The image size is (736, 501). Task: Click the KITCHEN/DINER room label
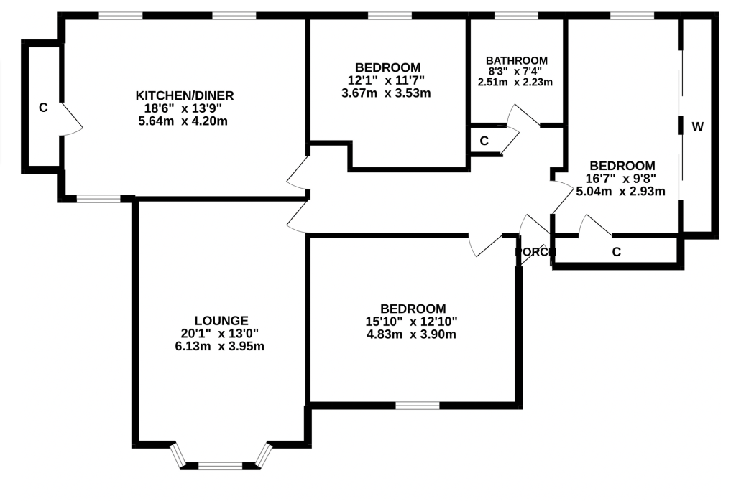(185, 95)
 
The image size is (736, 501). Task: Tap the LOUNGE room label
(221, 320)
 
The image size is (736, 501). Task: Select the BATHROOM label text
(516, 60)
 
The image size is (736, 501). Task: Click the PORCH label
(535, 252)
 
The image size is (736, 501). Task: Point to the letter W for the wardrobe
(697, 127)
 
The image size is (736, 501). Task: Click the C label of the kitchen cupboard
(43, 108)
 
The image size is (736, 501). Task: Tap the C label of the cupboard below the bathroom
(484, 141)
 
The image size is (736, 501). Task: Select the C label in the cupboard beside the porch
(616, 252)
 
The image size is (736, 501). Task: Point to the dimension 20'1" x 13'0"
(221, 333)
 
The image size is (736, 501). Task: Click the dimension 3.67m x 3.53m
(387, 93)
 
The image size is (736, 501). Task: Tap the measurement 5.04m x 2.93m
(620, 191)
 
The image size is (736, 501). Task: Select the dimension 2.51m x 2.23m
(516, 82)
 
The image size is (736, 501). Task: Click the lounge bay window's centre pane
(221, 465)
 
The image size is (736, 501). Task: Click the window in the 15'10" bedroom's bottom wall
(417, 406)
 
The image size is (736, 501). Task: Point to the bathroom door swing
(521, 116)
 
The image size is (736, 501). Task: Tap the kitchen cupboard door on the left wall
(72, 118)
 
